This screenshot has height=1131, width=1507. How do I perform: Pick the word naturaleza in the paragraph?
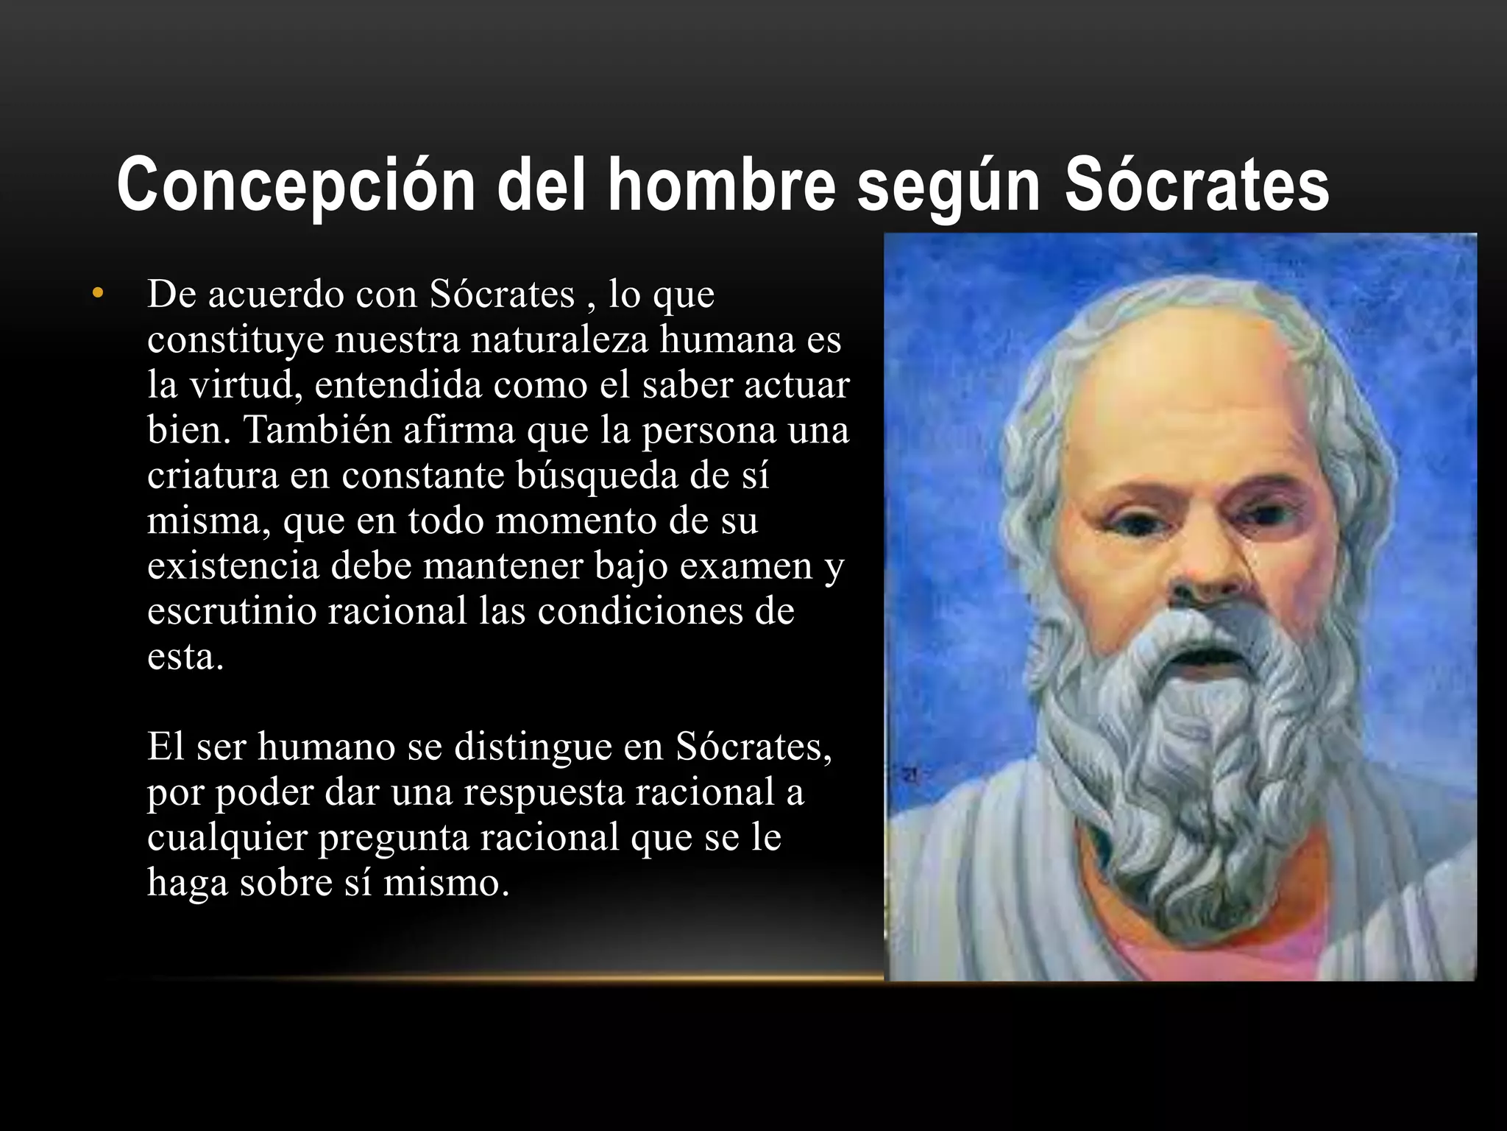click(559, 339)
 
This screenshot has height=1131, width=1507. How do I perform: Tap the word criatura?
click(213, 475)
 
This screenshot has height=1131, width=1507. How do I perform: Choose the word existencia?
click(233, 565)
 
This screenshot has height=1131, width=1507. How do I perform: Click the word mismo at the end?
click(446, 882)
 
